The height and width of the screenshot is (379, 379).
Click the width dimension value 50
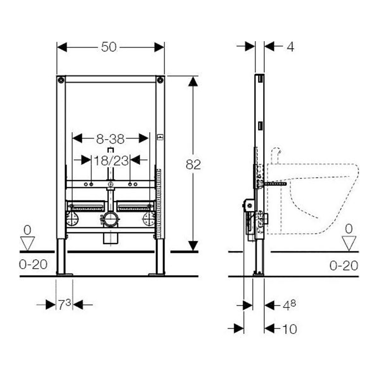[x=109, y=47]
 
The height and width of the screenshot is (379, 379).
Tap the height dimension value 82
[x=193, y=165]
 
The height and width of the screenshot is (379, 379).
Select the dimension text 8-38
[x=110, y=139]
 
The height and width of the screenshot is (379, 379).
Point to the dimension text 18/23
[x=111, y=160]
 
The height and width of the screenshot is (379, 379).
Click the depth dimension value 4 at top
[x=290, y=47]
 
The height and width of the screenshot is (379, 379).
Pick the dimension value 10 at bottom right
[x=290, y=329]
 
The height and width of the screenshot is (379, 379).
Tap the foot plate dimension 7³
[x=64, y=304]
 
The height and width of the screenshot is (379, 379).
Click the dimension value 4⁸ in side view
[x=289, y=305]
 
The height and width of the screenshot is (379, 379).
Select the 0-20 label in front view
[x=33, y=264]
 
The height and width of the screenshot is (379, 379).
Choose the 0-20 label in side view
[x=344, y=266]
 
